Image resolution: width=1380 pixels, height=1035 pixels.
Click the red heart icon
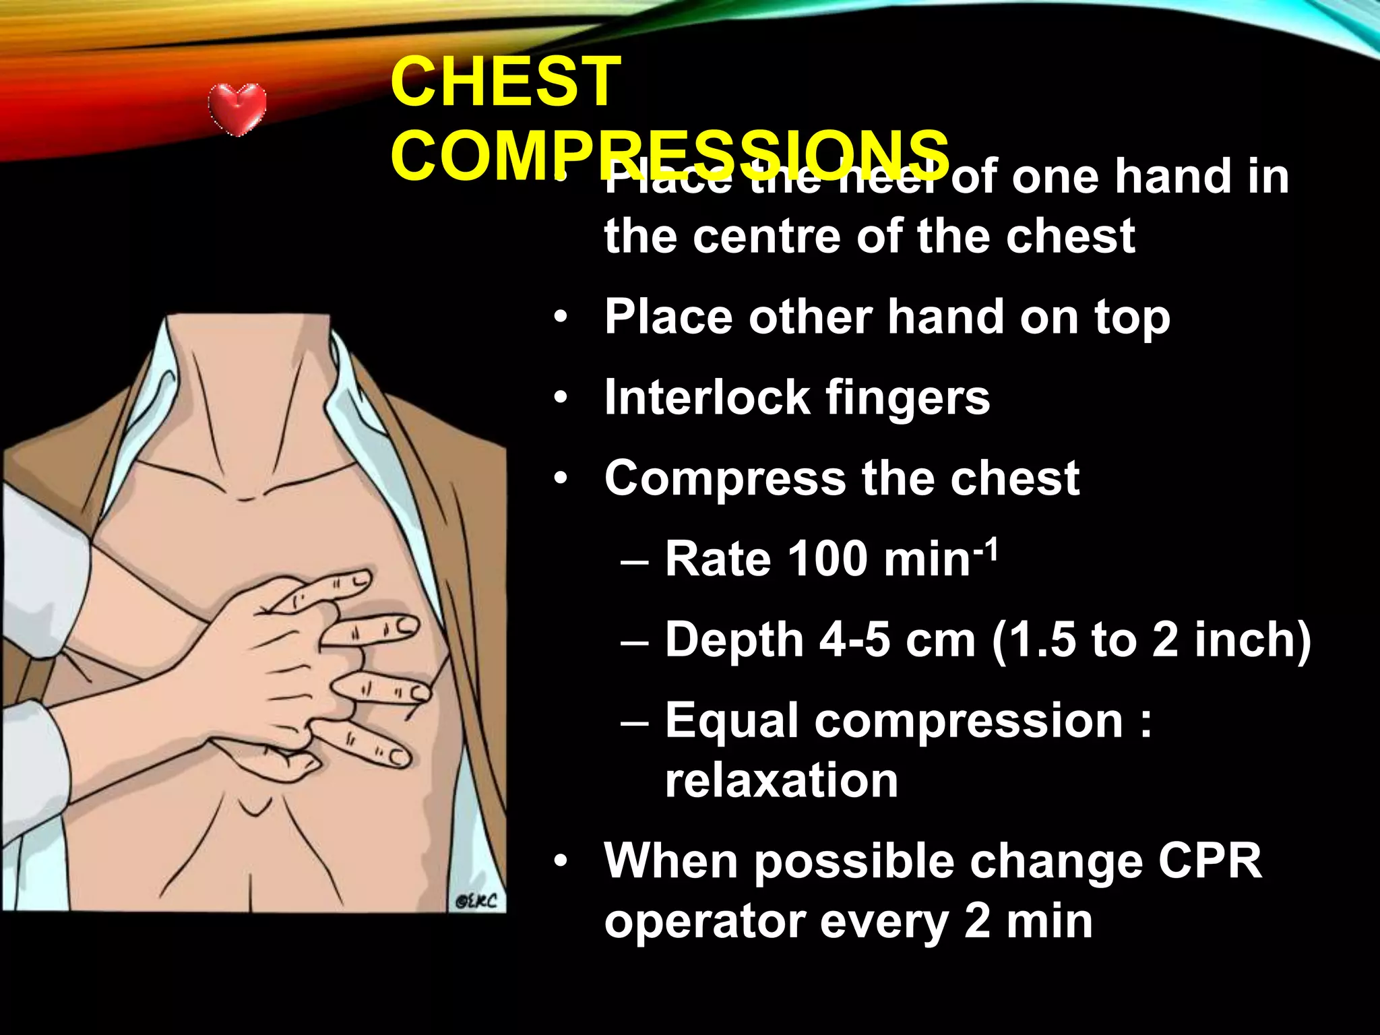pyautogui.click(x=237, y=109)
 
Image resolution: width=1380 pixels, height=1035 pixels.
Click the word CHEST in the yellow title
pyautogui.click(x=505, y=82)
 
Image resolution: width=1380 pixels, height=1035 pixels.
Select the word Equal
pyautogui.click(x=731, y=720)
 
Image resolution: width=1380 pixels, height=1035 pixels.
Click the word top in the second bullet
pyautogui.click(x=1132, y=319)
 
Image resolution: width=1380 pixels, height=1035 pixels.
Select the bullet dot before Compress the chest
pyautogui.click(x=561, y=479)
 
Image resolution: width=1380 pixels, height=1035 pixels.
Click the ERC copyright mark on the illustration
pyautogui.click(x=476, y=901)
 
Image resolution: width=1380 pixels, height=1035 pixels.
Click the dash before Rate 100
pyautogui.click(x=634, y=560)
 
